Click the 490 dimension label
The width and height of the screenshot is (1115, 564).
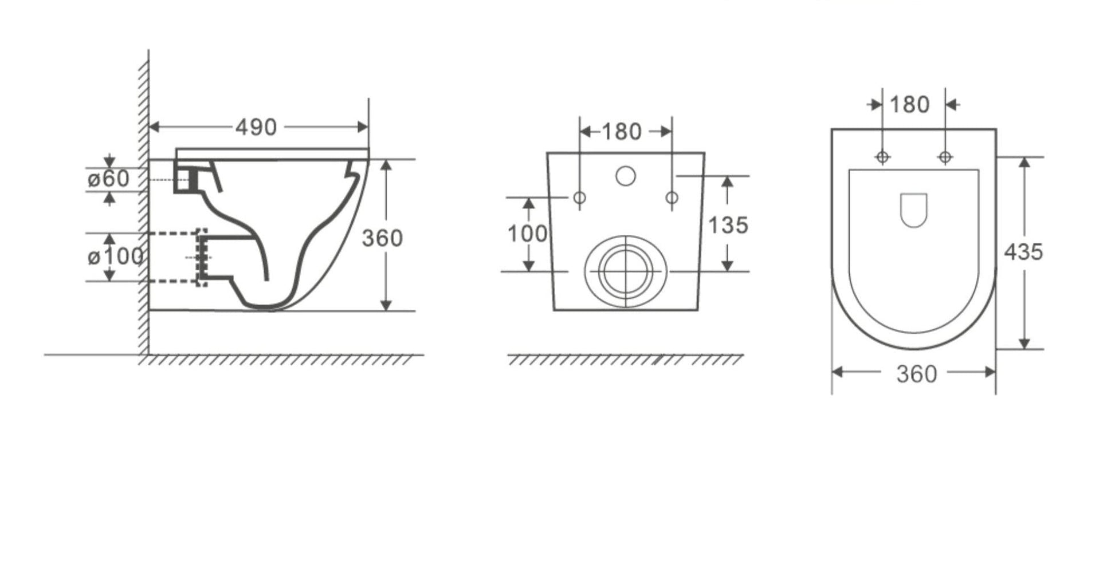coord(256,127)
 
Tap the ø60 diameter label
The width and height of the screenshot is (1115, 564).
coord(108,179)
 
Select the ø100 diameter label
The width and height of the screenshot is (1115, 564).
coord(115,257)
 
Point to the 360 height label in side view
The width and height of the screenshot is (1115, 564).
coord(382,238)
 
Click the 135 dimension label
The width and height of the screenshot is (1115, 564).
coord(728,225)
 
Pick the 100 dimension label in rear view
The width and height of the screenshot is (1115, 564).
coord(527,234)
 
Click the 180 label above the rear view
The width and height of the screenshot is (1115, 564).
coord(622,132)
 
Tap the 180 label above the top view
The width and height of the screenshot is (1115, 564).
coord(909,105)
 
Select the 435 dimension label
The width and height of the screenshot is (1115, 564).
coord(1023,252)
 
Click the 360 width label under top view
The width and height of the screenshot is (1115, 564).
coord(917,374)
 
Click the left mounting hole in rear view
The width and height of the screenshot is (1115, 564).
coord(580,198)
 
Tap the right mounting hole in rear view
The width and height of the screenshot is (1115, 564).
coord(672,198)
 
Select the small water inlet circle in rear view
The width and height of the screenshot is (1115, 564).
coord(626,176)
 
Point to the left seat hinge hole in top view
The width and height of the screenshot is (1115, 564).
coord(882,156)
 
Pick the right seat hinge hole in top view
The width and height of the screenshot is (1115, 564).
coord(945,156)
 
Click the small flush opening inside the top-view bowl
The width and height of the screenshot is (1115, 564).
coord(914,210)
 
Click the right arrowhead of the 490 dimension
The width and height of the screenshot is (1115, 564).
coord(363,127)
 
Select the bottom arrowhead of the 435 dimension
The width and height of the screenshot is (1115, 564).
coord(1024,344)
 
